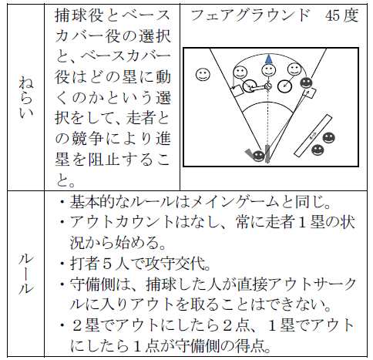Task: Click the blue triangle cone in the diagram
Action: pyautogui.click(x=268, y=59)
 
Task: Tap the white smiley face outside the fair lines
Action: pyautogui.click(x=203, y=75)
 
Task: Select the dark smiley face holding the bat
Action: pyautogui.click(x=259, y=155)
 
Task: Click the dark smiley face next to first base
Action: pyautogui.click(x=307, y=83)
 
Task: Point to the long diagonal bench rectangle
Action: pyautogui.click(x=313, y=136)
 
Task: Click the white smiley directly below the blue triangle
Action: pyautogui.click(x=268, y=70)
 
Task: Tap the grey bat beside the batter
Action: pyautogui.click(x=249, y=153)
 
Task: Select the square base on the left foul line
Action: pyautogui.click(x=237, y=91)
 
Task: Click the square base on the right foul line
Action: pyautogui.click(x=311, y=93)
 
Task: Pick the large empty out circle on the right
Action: pyautogui.click(x=284, y=86)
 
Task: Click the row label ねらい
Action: pyautogui.click(x=25, y=97)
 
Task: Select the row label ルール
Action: pyautogui.click(x=25, y=274)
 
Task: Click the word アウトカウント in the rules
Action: pyautogui.click(x=123, y=222)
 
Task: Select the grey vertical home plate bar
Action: pyautogui.click(x=267, y=153)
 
